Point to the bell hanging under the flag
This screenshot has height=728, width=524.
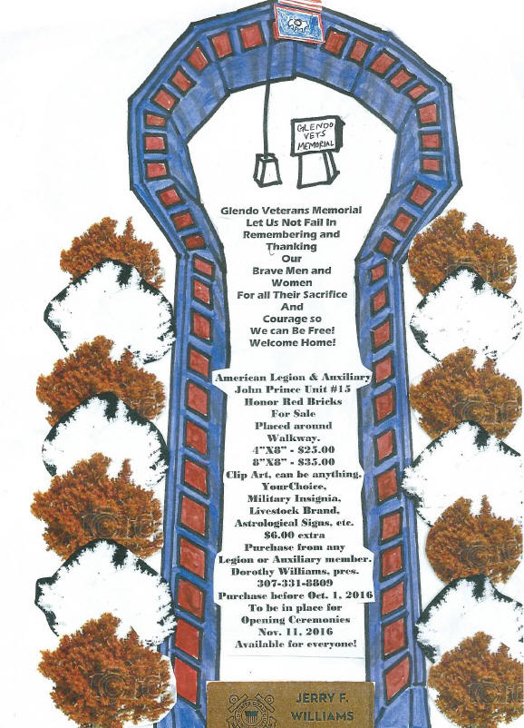point(267,170)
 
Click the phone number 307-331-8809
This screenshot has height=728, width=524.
point(295,583)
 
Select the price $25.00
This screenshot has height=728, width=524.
point(315,450)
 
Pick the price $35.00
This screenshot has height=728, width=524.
point(315,462)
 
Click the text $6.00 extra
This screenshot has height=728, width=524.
point(295,535)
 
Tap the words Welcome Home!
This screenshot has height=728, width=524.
point(292,343)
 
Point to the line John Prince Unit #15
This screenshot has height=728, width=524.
point(293,389)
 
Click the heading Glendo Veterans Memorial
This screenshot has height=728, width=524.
point(291,211)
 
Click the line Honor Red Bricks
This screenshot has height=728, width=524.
point(293,401)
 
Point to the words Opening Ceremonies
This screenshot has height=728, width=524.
point(296,619)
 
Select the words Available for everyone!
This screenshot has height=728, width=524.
point(296,644)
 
